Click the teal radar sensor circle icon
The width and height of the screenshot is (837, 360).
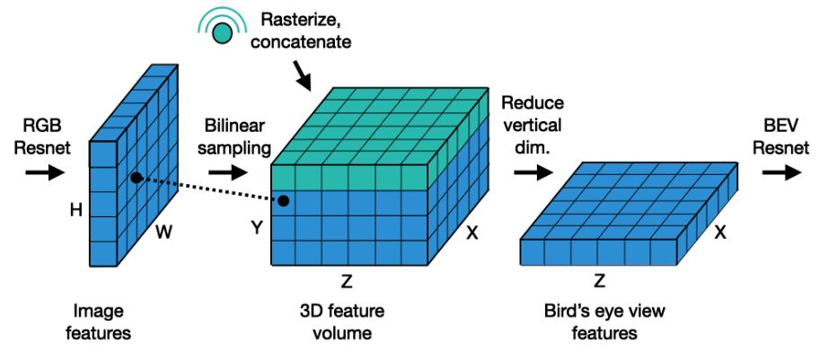coord(221,31)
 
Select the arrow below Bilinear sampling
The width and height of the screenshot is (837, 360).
coord(222,171)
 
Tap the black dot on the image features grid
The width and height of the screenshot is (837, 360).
coord(135,178)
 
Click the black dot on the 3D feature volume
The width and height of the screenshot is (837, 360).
coord(284,200)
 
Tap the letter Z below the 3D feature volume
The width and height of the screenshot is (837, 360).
coord(347,282)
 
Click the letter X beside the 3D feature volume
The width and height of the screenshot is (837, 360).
coord(473,233)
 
